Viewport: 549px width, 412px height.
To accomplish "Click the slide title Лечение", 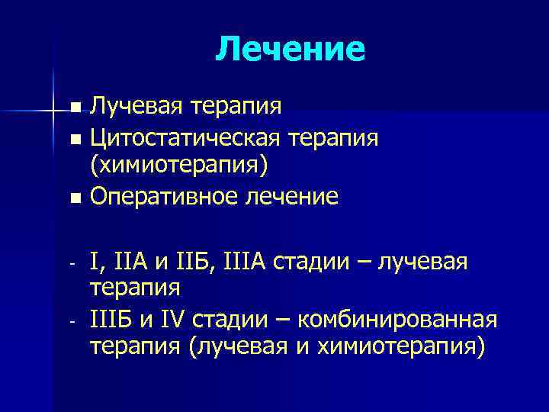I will pyautogui.click(x=291, y=50).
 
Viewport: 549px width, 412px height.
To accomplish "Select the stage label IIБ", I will pyautogui.click(x=196, y=262).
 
